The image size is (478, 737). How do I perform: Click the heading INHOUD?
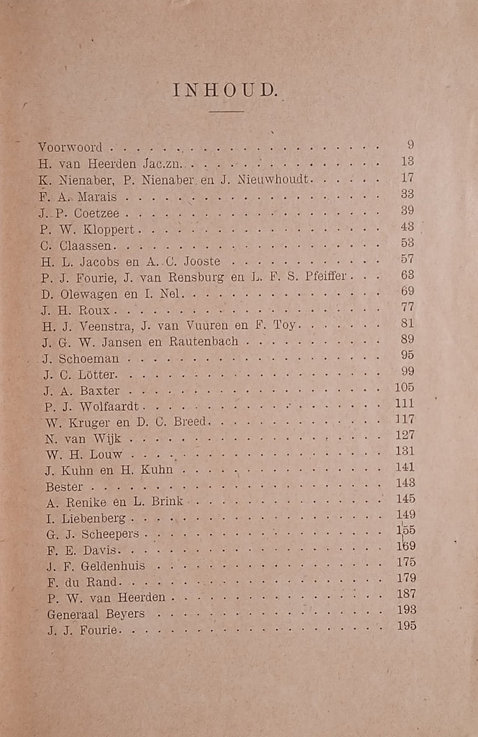tap(225, 91)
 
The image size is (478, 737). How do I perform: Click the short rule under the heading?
tap(226, 112)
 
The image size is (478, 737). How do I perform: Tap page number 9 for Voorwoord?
tap(410, 145)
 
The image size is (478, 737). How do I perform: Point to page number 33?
tap(408, 194)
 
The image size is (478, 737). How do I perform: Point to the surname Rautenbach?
tap(203, 342)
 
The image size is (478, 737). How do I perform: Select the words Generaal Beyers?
tap(96, 614)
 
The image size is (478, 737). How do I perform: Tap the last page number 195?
tap(405, 626)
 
